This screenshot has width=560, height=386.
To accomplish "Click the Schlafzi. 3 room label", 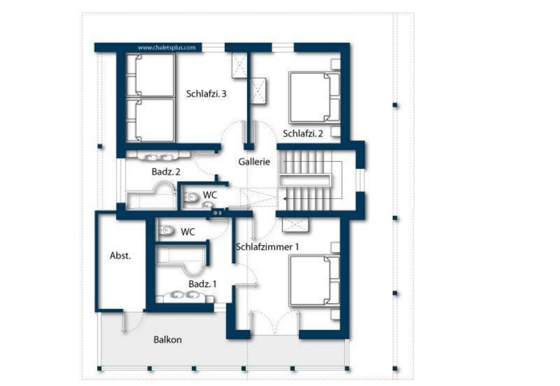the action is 206,94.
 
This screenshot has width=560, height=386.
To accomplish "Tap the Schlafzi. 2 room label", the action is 303,133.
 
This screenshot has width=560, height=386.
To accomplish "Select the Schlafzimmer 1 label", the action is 267,247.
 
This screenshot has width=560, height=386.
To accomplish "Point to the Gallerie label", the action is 254,161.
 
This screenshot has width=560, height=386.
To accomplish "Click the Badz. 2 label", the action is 166,172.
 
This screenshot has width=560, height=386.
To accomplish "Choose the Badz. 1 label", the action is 203,284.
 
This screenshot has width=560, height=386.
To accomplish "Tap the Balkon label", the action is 168,339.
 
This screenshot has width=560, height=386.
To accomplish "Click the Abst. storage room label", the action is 120,255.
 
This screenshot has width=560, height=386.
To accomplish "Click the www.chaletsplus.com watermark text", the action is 167,48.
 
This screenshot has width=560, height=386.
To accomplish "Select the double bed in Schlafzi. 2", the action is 314,98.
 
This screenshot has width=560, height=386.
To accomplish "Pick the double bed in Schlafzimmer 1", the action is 314,281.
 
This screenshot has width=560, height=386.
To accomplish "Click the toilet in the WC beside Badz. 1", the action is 166,230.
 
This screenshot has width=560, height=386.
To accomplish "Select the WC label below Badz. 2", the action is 210,195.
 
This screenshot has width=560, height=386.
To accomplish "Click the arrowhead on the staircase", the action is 285,199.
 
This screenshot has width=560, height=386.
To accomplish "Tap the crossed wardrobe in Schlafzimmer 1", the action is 295,225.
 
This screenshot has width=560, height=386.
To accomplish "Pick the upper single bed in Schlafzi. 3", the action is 150,75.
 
